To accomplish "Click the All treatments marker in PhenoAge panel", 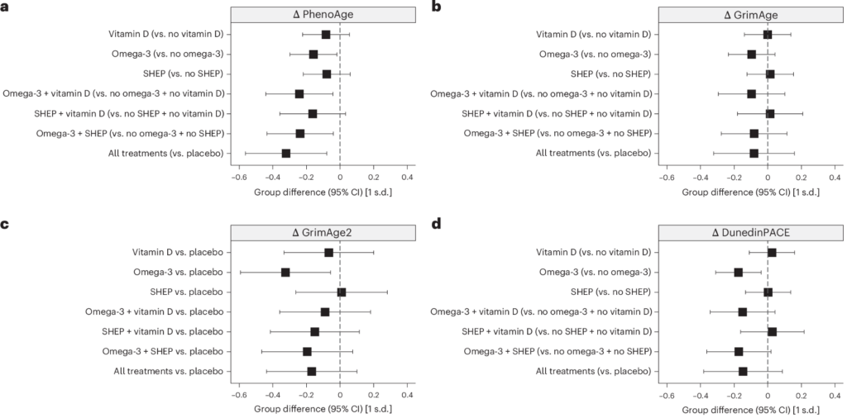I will pos(285,153).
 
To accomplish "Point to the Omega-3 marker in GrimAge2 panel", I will pos(285,273).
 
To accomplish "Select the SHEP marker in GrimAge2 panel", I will pos(342,292).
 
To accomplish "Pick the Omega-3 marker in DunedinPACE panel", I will pos(739,273).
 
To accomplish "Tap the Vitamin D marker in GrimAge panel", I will pos(768,35).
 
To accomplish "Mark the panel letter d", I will pos(436,225).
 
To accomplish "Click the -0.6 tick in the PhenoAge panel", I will pos(238,177).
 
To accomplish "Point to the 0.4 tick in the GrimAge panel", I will pos(834,177).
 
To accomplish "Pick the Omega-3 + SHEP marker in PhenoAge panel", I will pos(299,133).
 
